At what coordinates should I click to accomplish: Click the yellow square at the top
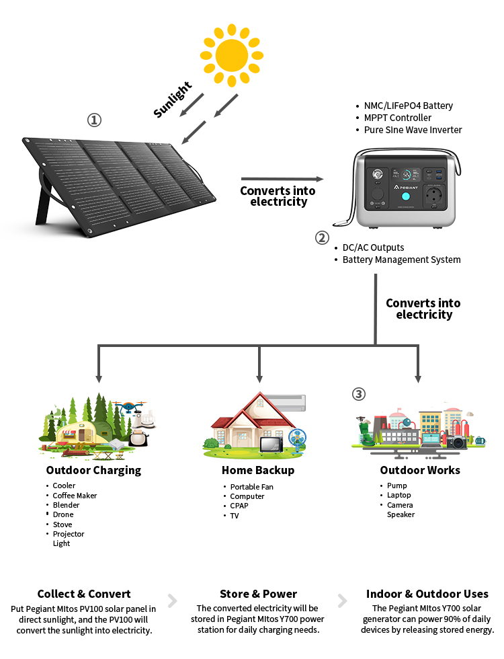233,57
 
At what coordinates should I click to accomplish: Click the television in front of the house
271,445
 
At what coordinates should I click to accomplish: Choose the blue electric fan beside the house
296,437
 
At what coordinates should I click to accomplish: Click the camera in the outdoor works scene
458,442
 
